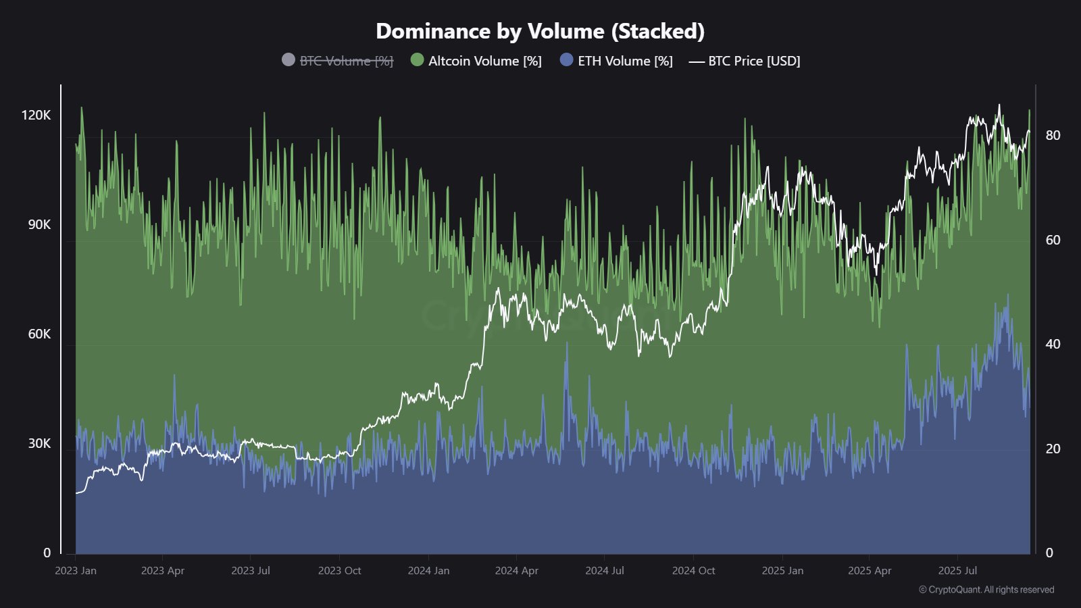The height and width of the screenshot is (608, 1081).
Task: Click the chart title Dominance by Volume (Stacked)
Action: [540, 31]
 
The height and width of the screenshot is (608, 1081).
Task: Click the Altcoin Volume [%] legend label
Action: [484, 61]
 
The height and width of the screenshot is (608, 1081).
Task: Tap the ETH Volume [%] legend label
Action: [625, 61]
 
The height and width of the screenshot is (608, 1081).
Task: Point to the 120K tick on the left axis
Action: [36, 115]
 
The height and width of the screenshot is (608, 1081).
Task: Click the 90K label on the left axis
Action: [39, 224]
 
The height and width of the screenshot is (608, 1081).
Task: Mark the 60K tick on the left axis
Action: [39, 334]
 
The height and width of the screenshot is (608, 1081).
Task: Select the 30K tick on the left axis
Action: [39, 443]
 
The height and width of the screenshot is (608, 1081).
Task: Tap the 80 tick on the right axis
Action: [1053, 135]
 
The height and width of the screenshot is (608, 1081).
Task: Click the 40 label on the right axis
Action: [1053, 344]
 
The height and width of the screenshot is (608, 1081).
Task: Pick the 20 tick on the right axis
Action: [1053, 449]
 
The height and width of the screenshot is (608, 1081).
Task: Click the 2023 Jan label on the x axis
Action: [76, 571]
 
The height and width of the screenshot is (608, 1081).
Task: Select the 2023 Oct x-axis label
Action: [339, 571]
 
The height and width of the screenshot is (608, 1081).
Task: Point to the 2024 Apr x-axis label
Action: [516, 571]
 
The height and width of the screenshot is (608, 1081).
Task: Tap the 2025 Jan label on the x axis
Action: [782, 571]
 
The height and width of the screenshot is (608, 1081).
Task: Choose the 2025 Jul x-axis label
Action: [957, 571]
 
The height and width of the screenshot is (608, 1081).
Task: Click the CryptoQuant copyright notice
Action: [986, 590]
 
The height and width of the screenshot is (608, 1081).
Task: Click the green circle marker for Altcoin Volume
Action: [417, 60]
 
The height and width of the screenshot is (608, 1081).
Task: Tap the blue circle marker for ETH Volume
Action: [566, 60]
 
